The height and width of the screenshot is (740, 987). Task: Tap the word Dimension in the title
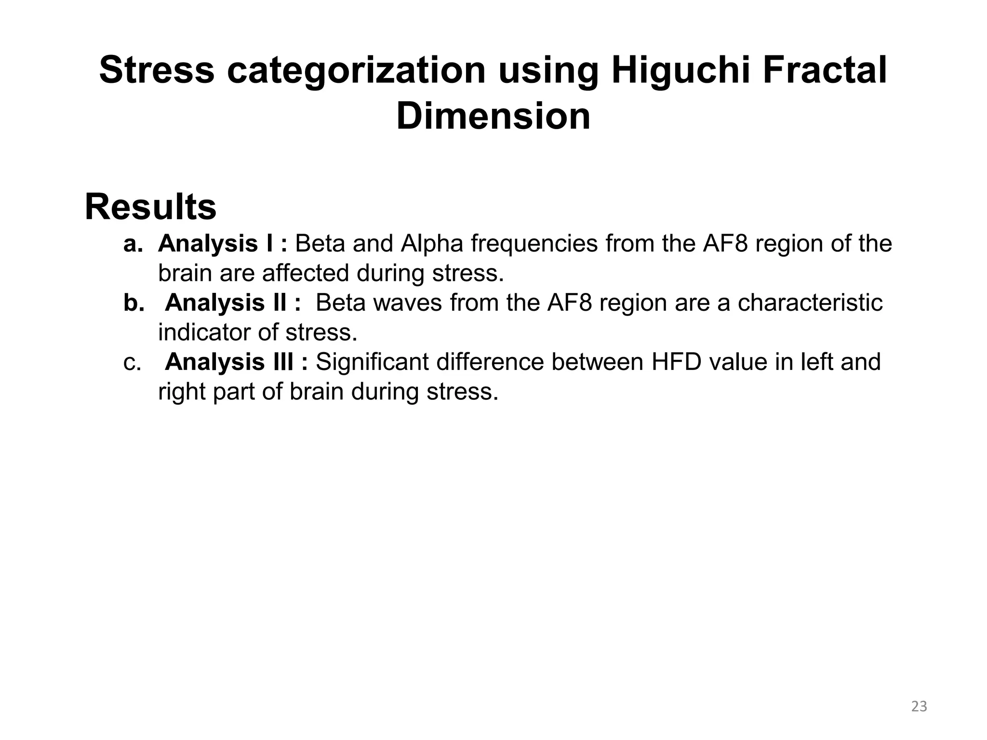pos(493,117)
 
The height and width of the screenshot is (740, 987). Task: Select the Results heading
pos(150,207)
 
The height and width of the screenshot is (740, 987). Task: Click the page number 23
pos(919,706)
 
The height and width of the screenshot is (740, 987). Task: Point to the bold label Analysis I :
pos(222,244)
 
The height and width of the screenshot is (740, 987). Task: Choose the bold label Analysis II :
pos(233,303)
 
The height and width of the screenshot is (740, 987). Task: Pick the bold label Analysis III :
pos(236,362)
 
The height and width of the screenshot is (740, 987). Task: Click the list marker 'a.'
pos(133,244)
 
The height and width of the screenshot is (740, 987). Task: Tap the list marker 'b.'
pos(133,303)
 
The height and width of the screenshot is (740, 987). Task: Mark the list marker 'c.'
pos(132,362)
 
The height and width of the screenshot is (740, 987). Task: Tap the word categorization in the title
pos(356,71)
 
